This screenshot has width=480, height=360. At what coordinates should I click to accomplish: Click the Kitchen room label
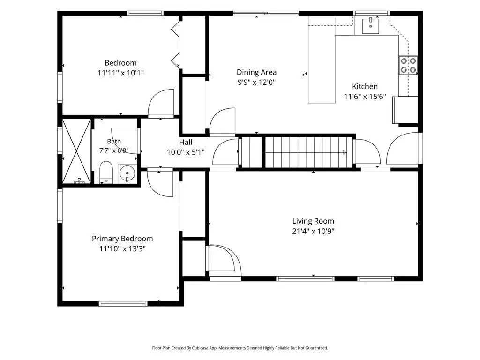pyautogui.click(x=365, y=86)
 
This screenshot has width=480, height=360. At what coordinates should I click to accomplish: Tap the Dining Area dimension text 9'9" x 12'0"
pyautogui.click(x=256, y=82)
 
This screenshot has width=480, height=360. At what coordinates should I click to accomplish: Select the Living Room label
pyautogui.click(x=313, y=221)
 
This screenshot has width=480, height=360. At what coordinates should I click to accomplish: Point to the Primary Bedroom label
pyautogui.click(x=122, y=239)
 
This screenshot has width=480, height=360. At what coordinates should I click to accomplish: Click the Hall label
pyautogui.click(x=186, y=142)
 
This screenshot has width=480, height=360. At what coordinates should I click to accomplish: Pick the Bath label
pyautogui.click(x=114, y=142)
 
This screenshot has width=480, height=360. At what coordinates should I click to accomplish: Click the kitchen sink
pyautogui.click(x=370, y=26)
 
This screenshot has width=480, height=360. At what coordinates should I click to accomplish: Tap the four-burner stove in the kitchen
pyautogui.click(x=408, y=66)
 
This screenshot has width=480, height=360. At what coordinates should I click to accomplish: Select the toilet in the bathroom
pyautogui.click(x=106, y=172)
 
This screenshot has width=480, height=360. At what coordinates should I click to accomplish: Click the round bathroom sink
pyautogui.click(x=127, y=173)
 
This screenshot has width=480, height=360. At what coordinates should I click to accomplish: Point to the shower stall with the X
pyautogui.click(x=76, y=151)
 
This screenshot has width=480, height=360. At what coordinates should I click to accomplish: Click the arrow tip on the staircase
pyautogui.click(x=346, y=152)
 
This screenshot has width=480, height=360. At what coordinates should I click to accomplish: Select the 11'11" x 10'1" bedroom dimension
pyautogui.click(x=120, y=73)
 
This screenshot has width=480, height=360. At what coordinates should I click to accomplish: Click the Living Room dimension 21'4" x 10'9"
pyautogui.click(x=313, y=231)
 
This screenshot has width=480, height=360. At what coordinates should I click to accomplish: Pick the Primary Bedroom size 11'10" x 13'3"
pyautogui.click(x=122, y=249)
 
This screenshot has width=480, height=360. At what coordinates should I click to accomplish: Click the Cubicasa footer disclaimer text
pyautogui.click(x=240, y=348)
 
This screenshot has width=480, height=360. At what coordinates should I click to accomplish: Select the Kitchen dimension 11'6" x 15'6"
pyautogui.click(x=365, y=97)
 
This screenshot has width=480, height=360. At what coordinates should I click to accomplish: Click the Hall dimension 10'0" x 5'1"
pyautogui.click(x=186, y=152)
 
